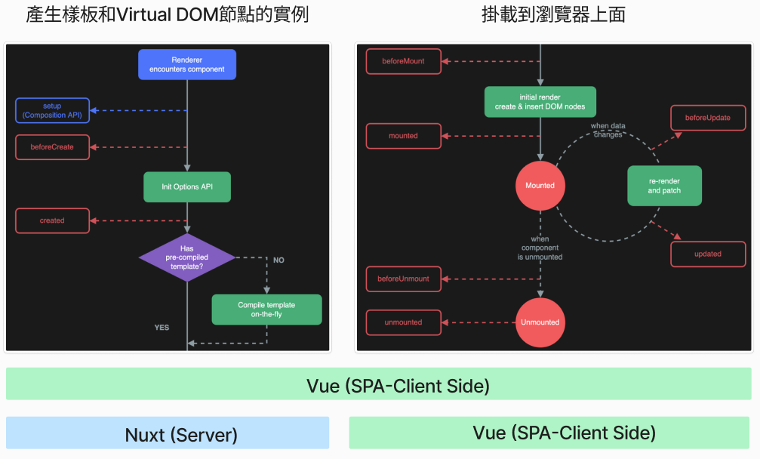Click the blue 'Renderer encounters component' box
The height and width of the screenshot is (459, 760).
pyautogui.click(x=186, y=64)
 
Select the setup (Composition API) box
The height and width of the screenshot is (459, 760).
pyautogui.click(x=52, y=111)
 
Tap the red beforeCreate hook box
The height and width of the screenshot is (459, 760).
pyautogui.click(x=52, y=147)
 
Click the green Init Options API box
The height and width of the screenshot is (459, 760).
pyautogui.click(x=186, y=186)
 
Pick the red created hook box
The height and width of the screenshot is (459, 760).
pyautogui.click(x=52, y=220)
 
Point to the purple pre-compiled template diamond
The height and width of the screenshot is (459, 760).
pyautogui.click(x=187, y=257)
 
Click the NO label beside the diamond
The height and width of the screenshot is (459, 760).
pyautogui.click(x=278, y=260)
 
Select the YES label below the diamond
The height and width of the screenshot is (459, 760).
pyautogui.click(x=162, y=328)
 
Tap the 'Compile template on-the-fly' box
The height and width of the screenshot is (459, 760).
pyautogui.click(x=266, y=310)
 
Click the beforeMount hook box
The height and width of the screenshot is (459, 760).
pyautogui.click(x=404, y=61)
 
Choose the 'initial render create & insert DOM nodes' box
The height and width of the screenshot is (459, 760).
pyautogui.click(x=540, y=102)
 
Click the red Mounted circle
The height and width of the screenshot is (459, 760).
pyautogui.click(x=540, y=186)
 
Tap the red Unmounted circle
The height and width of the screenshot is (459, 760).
pyautogui.click(x=540, y=322)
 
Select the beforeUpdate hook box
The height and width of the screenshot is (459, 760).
pyautogui.click(x=707, y=119)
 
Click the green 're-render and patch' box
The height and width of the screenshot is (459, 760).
pyautogui.click(x=664, y=186)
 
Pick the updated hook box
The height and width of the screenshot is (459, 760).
pyautogui.click(x=707, y=254)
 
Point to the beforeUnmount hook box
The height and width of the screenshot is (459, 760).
pyautogui.click(x=404, y=279)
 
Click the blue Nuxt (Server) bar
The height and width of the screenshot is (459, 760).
pyautogui.click(x=168, y=434)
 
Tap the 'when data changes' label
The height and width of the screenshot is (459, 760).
pyautogui.click(x=608, y=130)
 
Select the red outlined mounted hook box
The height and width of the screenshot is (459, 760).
pyautogui.click(x=404, y=136)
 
